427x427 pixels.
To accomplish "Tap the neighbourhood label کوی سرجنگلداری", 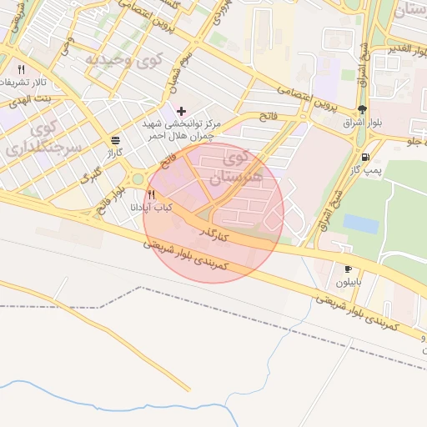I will point(36,139).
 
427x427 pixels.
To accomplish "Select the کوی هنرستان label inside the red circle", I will point(242,166).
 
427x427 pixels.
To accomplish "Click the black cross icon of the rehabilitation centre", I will point(181,111).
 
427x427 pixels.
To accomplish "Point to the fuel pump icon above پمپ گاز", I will point(365,157).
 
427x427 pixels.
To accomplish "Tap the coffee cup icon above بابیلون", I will point(348,269).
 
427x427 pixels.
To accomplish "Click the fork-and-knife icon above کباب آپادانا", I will point(151,194).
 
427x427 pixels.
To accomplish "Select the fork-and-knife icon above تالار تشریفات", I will point(21,69).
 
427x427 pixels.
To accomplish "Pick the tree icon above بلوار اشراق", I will point(362,109).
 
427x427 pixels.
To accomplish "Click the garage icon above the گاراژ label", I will point(115,140).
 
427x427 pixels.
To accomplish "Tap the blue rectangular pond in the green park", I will point(360,224).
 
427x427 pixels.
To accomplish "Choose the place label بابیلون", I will point(349,282).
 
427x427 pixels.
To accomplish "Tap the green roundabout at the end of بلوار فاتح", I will point(138,178).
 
